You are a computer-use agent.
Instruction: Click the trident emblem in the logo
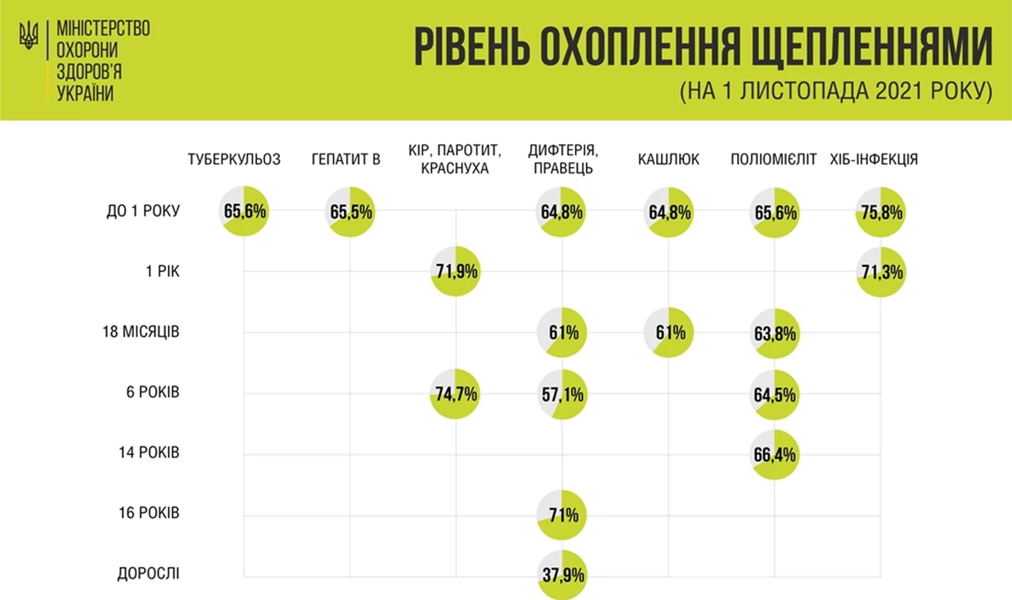30,35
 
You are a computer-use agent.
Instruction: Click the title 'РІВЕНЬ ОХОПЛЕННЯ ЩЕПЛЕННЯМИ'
702,48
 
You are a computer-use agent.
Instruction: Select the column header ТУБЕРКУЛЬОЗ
234,159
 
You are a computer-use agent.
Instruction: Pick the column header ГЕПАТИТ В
346,159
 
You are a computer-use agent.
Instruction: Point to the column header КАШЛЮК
669,159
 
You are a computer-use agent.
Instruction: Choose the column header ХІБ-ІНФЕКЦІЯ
874,159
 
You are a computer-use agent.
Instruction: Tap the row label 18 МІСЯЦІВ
139,332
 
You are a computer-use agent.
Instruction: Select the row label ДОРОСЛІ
148,574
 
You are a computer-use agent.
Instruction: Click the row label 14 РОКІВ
148,452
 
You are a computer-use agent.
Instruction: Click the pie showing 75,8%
880,212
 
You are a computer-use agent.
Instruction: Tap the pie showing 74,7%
455,392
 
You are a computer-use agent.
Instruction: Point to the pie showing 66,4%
774,454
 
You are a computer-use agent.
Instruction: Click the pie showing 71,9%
455,272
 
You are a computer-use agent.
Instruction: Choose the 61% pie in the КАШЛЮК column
669,332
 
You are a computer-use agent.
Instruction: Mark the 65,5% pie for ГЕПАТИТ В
351,212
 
